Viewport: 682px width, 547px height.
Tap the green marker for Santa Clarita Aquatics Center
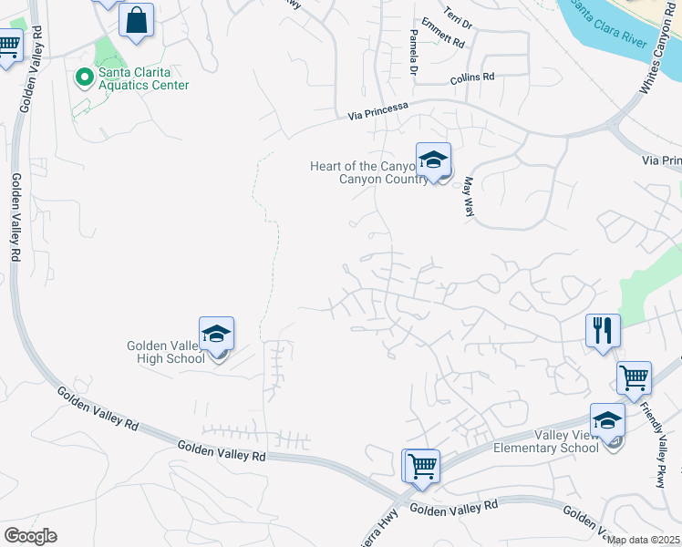(85, 78)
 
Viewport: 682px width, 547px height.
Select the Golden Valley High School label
(166, 352)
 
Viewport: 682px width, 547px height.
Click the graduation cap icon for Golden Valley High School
(217, 335)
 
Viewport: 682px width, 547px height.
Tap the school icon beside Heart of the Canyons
(434, 160)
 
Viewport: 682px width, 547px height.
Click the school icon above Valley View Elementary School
(607, 420)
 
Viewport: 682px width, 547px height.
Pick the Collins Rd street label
(471, 79)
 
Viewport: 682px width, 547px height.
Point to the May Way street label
(470, 196)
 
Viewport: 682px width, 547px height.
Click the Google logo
(30, 536)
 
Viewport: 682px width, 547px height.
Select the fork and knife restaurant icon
(603, 329)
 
